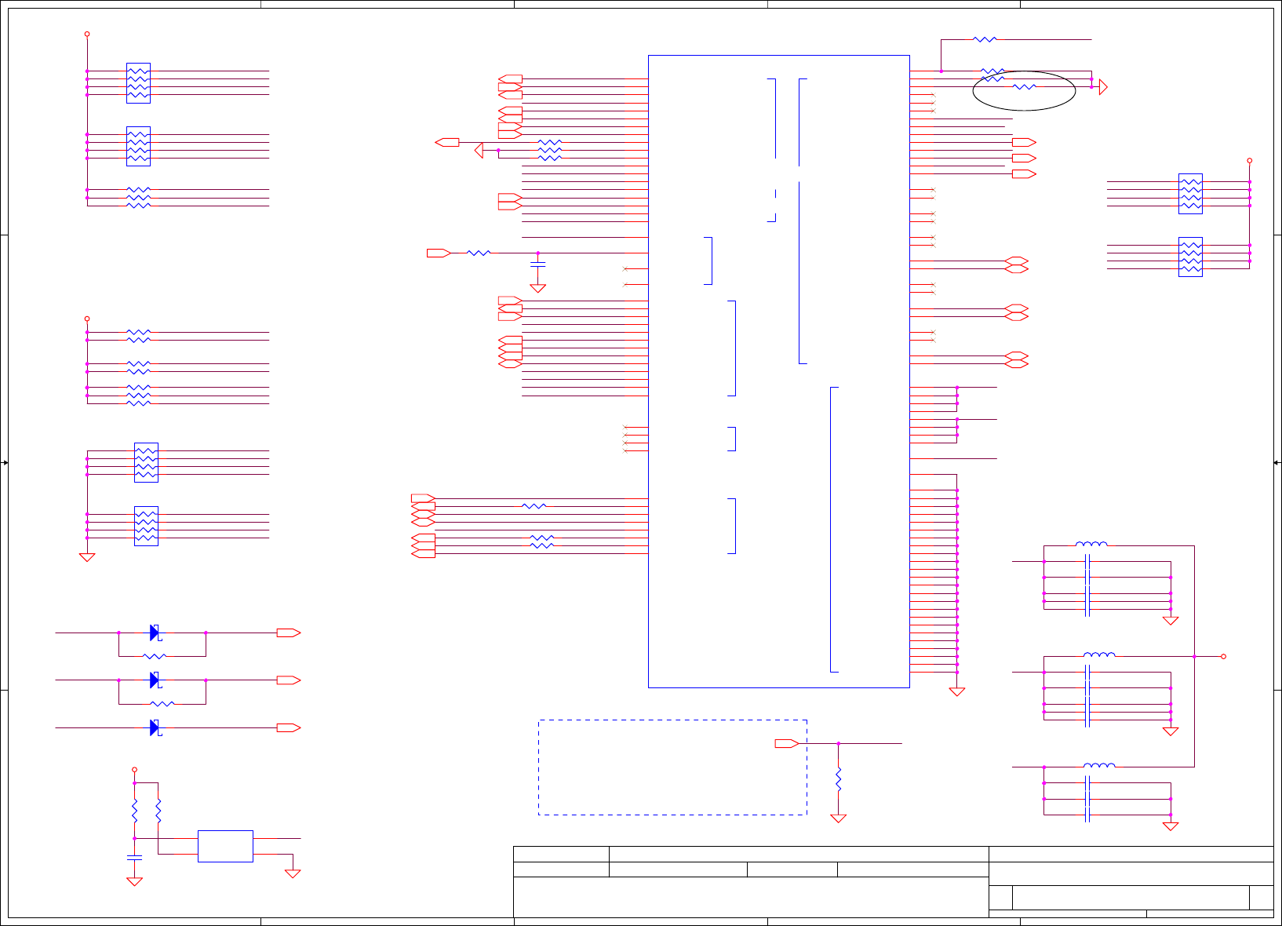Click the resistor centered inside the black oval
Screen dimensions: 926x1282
(x=1024, y=87)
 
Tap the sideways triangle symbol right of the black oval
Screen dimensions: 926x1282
(x=1103, y=87)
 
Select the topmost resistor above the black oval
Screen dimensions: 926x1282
(x=985, y=38)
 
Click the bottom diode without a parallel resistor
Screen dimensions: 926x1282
(x=155, y=727)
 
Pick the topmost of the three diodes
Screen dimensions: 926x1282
(x=155, y=633)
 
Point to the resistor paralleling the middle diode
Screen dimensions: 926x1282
(x=162, y=704)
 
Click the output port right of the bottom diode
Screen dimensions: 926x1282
(x=288, y=727)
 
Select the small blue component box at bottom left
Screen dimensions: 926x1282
(x=225, y=846)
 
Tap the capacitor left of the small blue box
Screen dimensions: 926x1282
(x=134, y=855)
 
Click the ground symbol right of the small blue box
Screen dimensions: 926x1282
(x=293, y=873)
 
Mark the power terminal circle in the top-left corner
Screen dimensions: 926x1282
(x=87, y=34)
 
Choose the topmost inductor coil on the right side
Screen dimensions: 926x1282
(x=1091, y=544)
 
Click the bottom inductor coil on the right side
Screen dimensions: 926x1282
(x=1099, y=765)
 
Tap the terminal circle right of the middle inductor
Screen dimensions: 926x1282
(x=1223, y=656)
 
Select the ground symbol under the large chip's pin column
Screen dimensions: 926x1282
(x=957, y=691)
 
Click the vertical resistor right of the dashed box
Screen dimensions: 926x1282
(x=839, y=779)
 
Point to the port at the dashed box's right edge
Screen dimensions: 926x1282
(x=786, y=743)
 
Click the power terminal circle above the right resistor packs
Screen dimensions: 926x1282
(x=1250, y=160)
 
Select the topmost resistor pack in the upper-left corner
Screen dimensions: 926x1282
(x=138, y=83)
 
